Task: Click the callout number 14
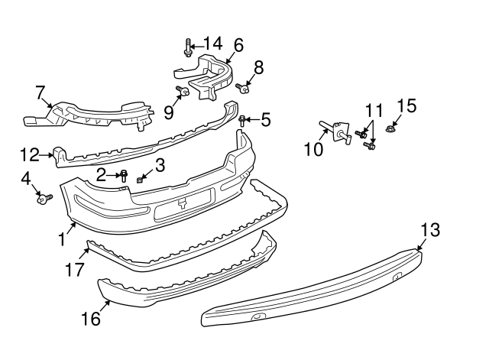209,44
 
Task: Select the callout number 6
238,46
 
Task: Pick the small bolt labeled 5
243,120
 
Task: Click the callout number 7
40,92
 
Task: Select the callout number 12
29,155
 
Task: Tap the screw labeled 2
124,177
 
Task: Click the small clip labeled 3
141,179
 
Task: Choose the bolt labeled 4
42,199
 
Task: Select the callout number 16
90,318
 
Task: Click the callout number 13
430,229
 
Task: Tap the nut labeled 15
390,129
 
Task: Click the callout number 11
372,111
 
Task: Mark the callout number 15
406,105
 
